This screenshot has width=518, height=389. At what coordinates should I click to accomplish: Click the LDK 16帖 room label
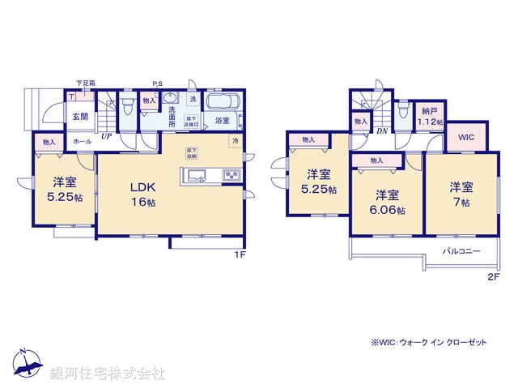point(142,194)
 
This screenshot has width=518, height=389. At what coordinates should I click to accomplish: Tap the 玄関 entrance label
point(79,117)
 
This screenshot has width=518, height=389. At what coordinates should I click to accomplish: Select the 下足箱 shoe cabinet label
point(85,83)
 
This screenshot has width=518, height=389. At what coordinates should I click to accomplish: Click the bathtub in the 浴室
point(221,103)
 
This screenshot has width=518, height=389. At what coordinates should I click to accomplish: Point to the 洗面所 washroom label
point(172,121)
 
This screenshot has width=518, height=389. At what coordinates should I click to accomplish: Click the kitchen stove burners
point(231,176)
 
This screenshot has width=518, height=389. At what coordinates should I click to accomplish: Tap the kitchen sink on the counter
point(197,176)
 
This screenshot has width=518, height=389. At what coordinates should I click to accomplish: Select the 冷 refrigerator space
point(236,142)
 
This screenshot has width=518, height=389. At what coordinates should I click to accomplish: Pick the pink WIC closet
point(466,138)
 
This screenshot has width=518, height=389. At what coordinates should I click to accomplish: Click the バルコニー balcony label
point(461,250)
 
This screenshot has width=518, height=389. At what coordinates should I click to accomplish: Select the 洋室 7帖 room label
point(461,194)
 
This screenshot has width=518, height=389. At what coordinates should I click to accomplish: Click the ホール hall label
point(83,141)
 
